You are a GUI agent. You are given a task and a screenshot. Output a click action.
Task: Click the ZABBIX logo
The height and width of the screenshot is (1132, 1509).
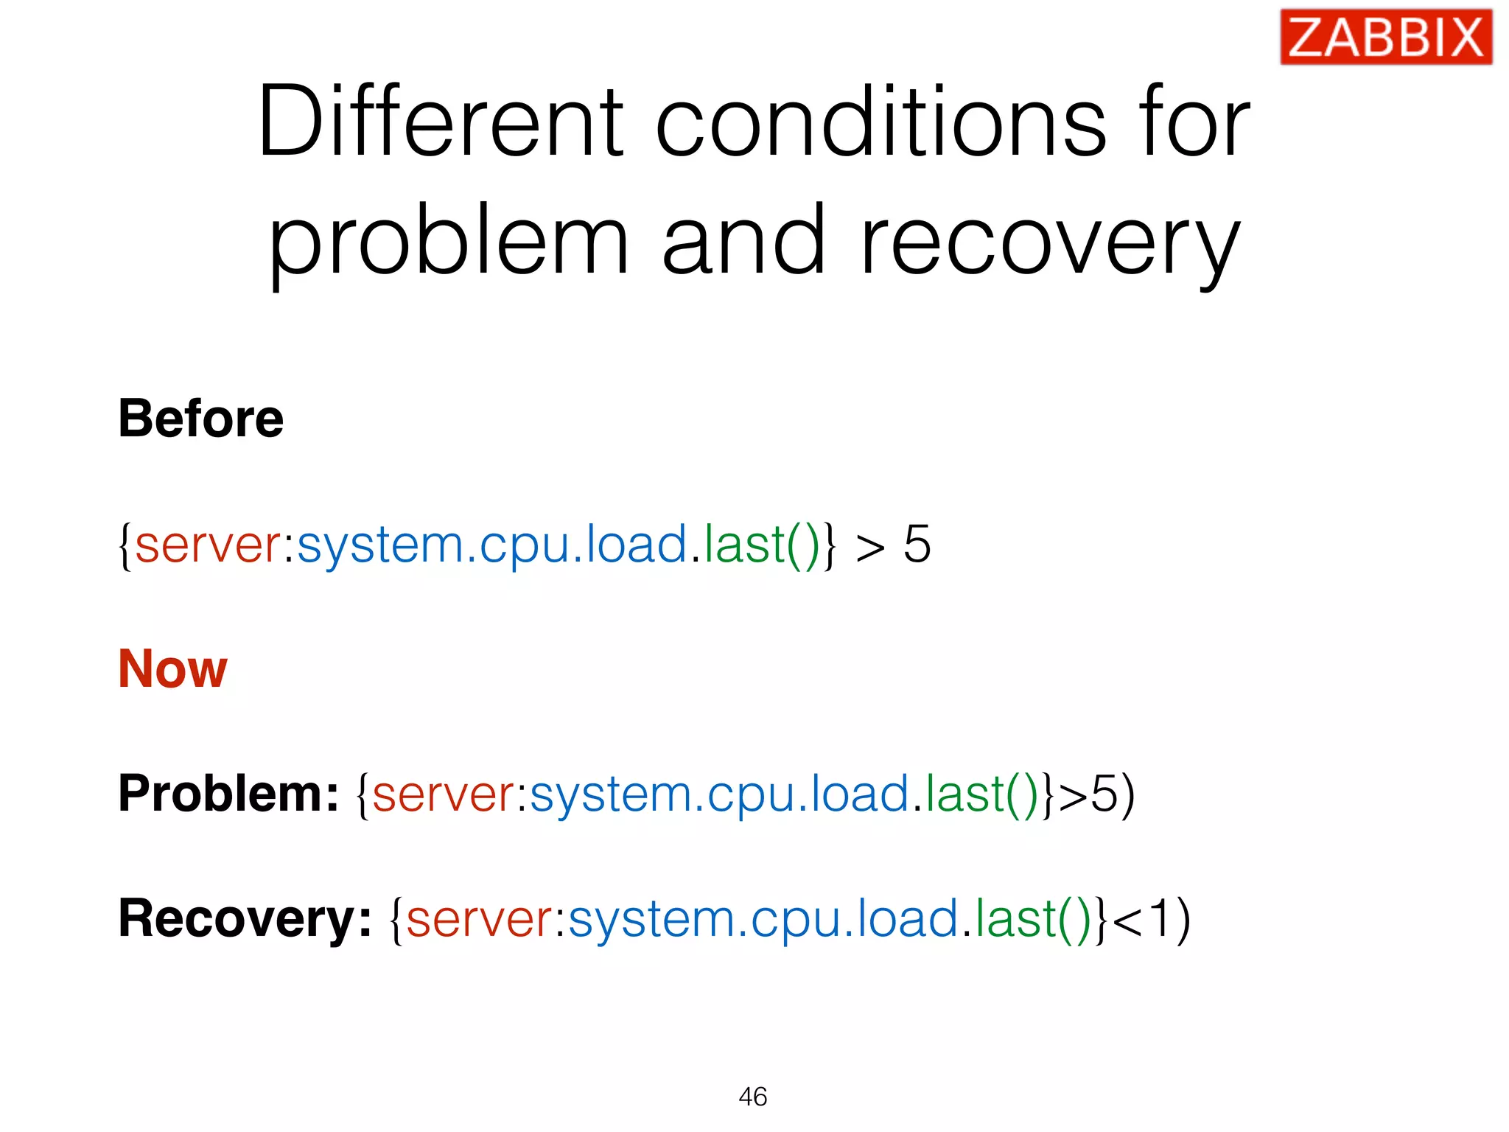[1385, 37]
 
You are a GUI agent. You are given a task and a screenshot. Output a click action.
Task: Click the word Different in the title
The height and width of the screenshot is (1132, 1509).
[440, 122]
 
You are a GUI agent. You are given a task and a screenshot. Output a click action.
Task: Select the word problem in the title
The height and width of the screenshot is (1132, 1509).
[448, 243]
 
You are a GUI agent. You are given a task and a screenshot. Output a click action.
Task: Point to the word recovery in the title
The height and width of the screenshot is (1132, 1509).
[1050, 243]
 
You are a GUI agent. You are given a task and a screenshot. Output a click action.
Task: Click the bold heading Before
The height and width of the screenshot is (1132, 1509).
[200, 419]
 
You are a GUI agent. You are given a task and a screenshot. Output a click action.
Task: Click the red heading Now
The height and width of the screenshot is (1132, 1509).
[172, 668]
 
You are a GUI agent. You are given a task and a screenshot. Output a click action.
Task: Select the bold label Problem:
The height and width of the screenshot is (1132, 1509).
[228, 794]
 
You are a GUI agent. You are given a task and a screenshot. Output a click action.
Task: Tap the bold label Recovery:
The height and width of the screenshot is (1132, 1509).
[245, 919]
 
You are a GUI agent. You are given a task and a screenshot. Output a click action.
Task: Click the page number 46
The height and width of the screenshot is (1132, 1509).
[752, 1097]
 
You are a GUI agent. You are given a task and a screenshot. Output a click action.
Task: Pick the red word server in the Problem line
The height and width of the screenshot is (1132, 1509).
[444, 794]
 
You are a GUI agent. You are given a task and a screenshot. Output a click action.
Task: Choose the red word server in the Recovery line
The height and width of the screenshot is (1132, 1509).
[478, 920]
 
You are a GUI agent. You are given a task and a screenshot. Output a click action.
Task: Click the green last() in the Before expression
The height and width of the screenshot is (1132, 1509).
[762, 545]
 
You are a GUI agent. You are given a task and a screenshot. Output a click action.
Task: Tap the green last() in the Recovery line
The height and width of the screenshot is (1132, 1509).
[1033, 920]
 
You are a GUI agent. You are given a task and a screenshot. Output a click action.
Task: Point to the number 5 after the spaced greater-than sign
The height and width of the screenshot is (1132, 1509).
[917, 545]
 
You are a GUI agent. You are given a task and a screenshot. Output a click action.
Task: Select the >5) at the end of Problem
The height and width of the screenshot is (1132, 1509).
[1096, 794]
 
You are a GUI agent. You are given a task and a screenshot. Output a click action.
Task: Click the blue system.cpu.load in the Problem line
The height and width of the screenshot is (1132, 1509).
[719, 794]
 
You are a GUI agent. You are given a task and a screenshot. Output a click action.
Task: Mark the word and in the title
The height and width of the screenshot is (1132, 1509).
[743, 243]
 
